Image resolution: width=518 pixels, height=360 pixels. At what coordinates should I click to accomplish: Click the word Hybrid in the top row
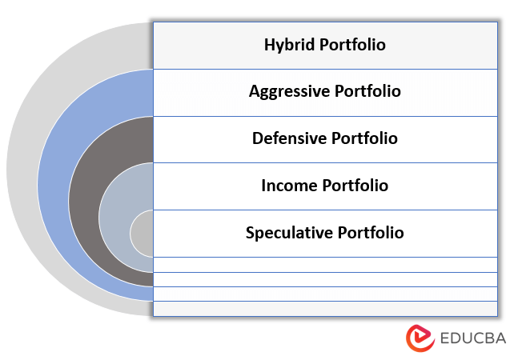tap(289, 45)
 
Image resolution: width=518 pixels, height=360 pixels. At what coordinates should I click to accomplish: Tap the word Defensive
tap(287, 138)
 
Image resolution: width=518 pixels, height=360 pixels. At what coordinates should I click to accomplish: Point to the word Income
tap(288, 186)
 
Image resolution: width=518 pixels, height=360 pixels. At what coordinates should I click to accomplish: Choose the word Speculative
tap(289, 233)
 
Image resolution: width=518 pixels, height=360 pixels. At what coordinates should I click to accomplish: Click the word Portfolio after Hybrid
tap(352, 45)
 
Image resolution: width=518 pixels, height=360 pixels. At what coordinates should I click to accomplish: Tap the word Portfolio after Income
tap(355, 186)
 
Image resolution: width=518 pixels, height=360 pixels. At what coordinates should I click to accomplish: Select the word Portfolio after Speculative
tap(370, 233)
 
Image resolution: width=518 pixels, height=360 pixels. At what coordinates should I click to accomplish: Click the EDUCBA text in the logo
tap(472, 338)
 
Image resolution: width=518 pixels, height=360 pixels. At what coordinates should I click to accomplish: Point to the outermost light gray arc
tap(22, 169)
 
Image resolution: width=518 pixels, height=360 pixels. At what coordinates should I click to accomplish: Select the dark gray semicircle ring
tap(84, 200)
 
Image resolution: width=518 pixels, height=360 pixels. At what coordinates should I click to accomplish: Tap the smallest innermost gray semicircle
tap(142, 233)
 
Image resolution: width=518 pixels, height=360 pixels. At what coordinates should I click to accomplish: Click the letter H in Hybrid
tap(269, 45)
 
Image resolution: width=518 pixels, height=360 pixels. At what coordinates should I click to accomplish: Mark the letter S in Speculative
tap(251, 233)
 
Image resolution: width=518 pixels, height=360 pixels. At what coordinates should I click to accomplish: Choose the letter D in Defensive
tap(258, 138)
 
